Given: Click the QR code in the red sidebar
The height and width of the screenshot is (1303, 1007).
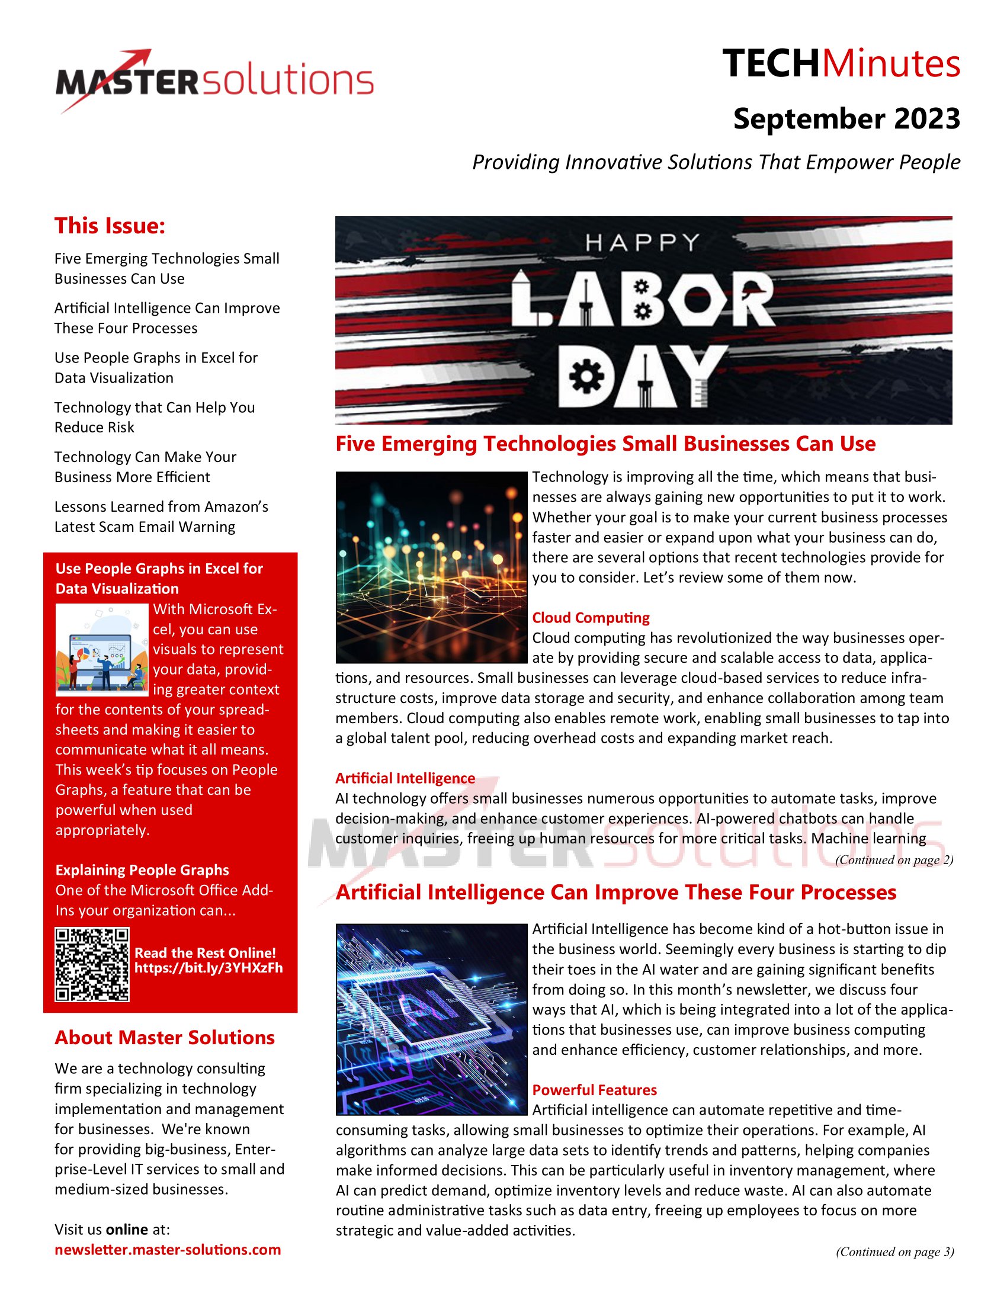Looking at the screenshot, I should [x=92, y=964].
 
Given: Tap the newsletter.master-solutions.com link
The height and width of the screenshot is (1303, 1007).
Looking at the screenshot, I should [x=168, y=1249].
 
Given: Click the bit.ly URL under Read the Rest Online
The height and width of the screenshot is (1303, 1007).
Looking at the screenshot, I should [x=208, y=968].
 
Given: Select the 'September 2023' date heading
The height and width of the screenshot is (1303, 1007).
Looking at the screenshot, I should [x=846, y=118].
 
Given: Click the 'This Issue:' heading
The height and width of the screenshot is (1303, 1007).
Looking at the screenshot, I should [x=110, y=226].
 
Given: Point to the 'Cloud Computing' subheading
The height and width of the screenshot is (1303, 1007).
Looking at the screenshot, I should [x=591, y=618].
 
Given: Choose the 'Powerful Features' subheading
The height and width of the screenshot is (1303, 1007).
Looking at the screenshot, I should [x=594, y=1089].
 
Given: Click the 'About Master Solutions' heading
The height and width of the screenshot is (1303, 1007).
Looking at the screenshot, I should [x=165, y=1038].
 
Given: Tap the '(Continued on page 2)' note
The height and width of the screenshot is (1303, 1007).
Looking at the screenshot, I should [x=894, y=860].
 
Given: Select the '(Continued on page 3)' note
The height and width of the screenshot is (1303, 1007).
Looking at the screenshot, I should [x=894, y=1251].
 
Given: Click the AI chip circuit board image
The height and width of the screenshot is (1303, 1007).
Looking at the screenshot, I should [x=431, y=1019].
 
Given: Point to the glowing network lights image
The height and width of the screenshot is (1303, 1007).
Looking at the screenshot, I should [x=431, y=567].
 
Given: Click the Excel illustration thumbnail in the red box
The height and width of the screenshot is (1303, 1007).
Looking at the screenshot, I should [x=102, y=650].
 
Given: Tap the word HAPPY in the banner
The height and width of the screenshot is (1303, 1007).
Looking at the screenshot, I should [x=642, y=243].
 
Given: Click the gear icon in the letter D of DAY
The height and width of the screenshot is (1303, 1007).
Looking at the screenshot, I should [x=586, y=377].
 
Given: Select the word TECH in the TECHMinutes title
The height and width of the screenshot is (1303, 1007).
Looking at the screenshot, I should [x=771, y=64].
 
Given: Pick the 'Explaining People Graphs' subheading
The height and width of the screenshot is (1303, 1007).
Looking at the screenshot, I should [x=142, y=870].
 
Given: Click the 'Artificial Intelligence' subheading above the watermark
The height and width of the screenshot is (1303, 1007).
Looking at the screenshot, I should [x=405, y=778].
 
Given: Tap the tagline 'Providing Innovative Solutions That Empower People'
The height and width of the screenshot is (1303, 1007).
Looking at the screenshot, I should [x=716, y=162].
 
